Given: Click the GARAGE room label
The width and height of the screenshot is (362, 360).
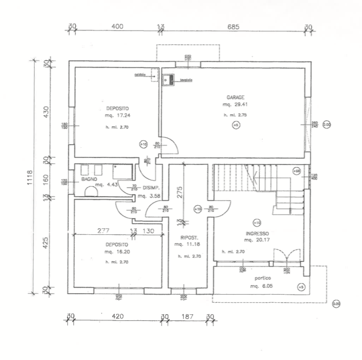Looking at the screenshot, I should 235,97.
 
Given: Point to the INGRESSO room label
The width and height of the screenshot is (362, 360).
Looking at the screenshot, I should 257,233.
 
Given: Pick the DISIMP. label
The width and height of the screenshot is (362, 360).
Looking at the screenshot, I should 151,188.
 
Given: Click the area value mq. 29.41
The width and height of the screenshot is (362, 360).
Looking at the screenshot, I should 235,105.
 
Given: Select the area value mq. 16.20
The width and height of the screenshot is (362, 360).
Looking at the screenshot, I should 116,251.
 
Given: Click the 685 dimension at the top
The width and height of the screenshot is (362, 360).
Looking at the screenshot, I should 232,27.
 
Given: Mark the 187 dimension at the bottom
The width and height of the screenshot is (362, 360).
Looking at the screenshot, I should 187,317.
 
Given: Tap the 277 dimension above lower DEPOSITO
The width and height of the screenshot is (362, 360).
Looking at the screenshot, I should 104,231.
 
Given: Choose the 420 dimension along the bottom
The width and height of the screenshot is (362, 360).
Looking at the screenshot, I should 118,317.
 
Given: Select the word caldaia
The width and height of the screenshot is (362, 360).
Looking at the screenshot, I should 140,74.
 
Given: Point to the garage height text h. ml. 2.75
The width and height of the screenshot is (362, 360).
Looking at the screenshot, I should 235,115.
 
